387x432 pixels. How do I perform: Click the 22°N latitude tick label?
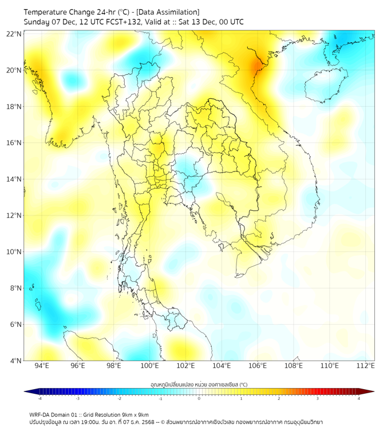tap(14, 34)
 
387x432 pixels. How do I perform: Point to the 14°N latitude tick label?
tap(14, 179)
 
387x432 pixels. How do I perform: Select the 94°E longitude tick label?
tap(42, 366)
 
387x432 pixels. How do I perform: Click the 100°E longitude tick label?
tap(150, 366)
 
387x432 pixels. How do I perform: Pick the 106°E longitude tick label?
tap(258, 366)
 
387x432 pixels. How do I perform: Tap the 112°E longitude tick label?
tap(366, 366)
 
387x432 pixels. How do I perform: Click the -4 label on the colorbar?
tap(39, 398)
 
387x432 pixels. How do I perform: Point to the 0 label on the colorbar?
tap(199, 398)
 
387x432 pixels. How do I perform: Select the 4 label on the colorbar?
tap(359, 398)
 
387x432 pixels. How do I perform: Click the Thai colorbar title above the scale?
tap(199, 385)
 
